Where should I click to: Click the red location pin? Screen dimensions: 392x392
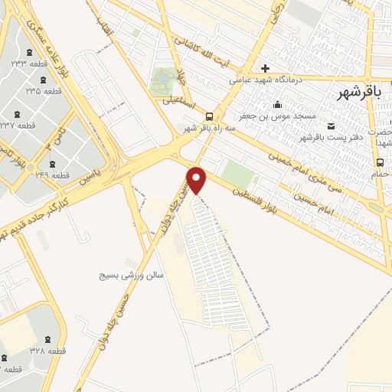tap(199, 179)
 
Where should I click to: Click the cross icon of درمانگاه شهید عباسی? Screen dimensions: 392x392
tap(265, 67)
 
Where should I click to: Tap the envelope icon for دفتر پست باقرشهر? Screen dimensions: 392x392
tap(331, 126)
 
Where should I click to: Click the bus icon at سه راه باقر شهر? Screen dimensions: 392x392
tap(209, 116)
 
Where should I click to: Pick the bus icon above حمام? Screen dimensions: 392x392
tap(380, 162)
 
